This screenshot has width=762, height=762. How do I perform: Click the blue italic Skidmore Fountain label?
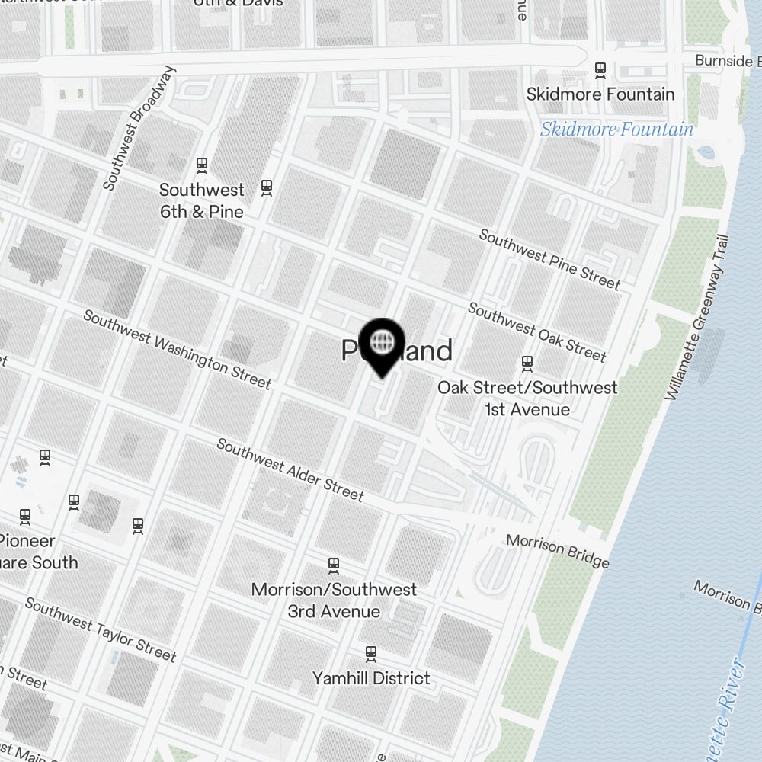click(616, 130)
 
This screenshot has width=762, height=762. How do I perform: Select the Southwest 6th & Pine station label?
click(202, 200)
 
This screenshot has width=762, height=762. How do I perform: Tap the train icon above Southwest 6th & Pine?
click(202, 164)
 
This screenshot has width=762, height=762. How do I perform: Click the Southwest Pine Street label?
click(549, 259)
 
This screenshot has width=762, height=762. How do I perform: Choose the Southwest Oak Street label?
click(536, 331)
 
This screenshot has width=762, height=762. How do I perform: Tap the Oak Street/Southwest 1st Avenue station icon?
click(527, 363)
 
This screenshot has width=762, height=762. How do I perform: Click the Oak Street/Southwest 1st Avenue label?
click(527, 398)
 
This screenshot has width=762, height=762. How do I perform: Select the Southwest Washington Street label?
click(177, 349)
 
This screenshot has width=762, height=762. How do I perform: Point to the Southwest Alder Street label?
click(290, 469)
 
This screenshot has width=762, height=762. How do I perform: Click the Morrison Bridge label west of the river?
click(558, 551)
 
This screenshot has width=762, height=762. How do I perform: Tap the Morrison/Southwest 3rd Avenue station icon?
click(333, 565)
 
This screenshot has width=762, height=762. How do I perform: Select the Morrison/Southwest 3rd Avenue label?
click(334, 600)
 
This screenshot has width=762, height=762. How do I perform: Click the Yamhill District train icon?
click(371, 653)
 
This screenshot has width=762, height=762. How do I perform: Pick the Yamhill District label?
click(371, 677)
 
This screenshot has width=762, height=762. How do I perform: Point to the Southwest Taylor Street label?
click(101, 629)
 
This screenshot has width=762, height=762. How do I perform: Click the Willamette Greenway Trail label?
click(697, 317)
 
